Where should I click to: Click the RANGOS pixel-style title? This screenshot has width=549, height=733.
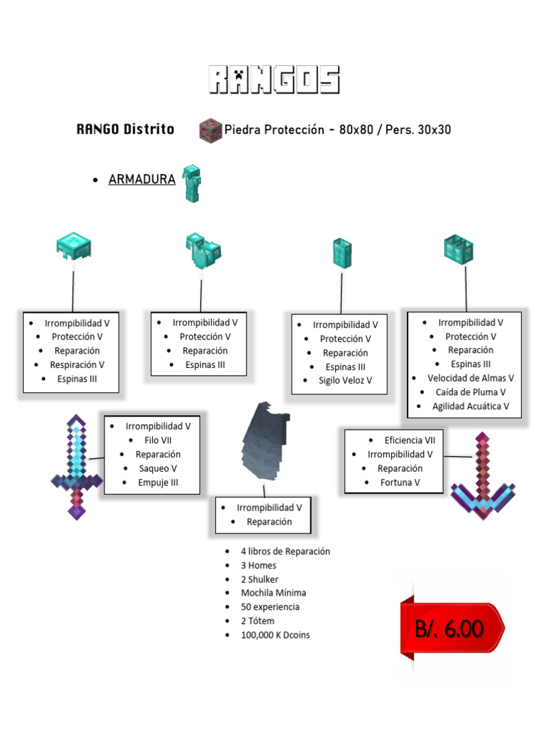click(x=274, y=80)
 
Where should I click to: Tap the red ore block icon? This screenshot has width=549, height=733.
click(x=209, y=130)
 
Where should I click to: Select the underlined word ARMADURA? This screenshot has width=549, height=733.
click(x=142, y=180)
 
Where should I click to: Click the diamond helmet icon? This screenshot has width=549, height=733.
click(x=74, y=246)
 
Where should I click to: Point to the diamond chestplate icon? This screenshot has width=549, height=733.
click(x=202, y=250)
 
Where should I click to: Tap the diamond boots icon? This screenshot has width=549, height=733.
click(x=458, y=249)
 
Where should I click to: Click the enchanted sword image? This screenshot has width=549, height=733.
click(x=76, y=466)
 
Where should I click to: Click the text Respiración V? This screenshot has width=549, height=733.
click(x=77, y=365)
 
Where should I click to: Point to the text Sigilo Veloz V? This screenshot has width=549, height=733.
click(x=345, y=381)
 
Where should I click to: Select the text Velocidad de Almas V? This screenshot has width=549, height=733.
click(x=470, y=378)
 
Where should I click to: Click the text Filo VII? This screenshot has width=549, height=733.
click(x=158, y=440)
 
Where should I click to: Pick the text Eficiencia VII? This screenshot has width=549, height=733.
click(x=410, y=440)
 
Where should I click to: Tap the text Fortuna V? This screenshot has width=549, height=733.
click(x=400, y=482)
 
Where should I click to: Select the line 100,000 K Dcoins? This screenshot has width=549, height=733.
click(x=275, y=635)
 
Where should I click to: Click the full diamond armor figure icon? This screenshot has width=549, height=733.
click(x=192, y=183)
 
